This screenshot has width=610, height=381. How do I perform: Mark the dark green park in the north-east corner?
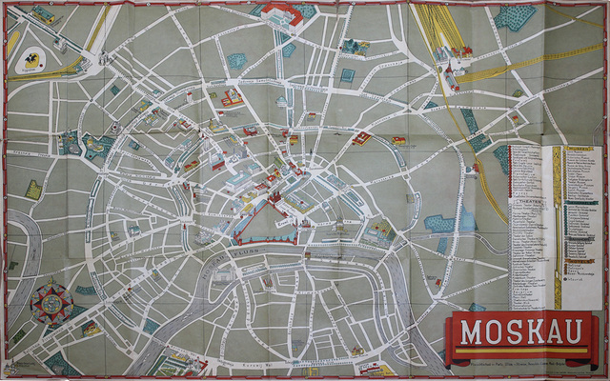516,17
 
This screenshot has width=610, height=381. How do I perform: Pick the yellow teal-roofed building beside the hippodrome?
43,16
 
